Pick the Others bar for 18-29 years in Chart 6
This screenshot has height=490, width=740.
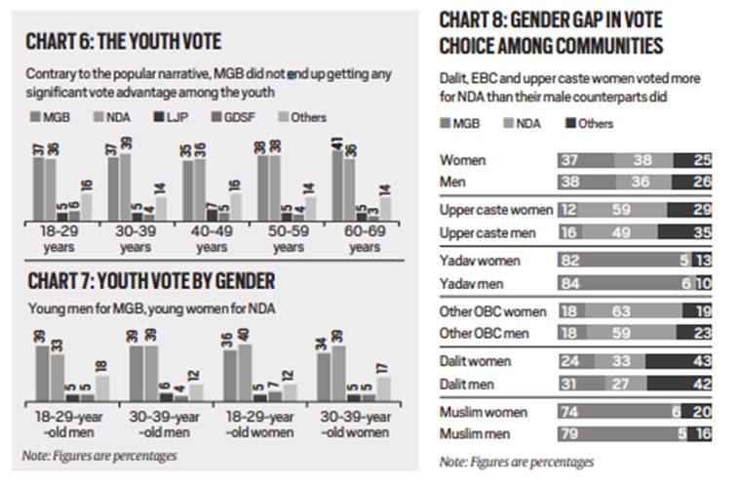tap(87, 206)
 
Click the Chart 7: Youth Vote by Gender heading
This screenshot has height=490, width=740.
tap(150, 282)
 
